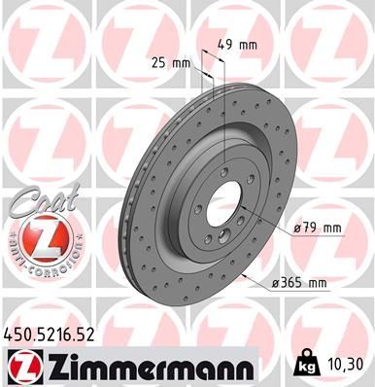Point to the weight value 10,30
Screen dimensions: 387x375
pyautogui.click(x=350, y=362)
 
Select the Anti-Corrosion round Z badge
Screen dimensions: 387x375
pyautogui.click(x=40, y=238)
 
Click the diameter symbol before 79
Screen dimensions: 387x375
pyautogui.click(x=297, y=229)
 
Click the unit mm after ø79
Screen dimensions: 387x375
pyautogui.click(x=333, y=229)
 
